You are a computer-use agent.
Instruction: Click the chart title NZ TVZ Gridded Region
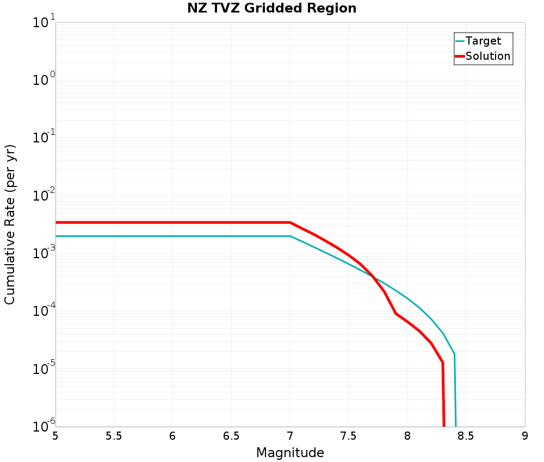coord(272,9)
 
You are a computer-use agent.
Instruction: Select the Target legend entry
coord(483,41)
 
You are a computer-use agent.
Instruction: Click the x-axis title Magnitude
coord(290,453)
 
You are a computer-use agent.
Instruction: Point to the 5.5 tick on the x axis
coord(114,436)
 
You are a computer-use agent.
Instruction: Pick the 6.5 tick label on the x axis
coord(231,436)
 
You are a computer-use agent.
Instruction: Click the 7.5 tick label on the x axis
coord(349,436)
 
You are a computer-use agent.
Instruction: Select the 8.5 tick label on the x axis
coord(466,436)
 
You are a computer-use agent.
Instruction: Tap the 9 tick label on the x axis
coord(525,436)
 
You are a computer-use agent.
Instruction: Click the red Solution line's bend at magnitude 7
coord(290,222)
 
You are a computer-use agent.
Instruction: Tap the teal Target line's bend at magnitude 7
coord(290,236)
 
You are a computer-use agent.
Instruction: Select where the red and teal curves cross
coord(372,276)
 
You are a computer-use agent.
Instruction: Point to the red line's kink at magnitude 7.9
coord(396,313)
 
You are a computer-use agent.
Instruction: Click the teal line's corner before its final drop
coord(454,354)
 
